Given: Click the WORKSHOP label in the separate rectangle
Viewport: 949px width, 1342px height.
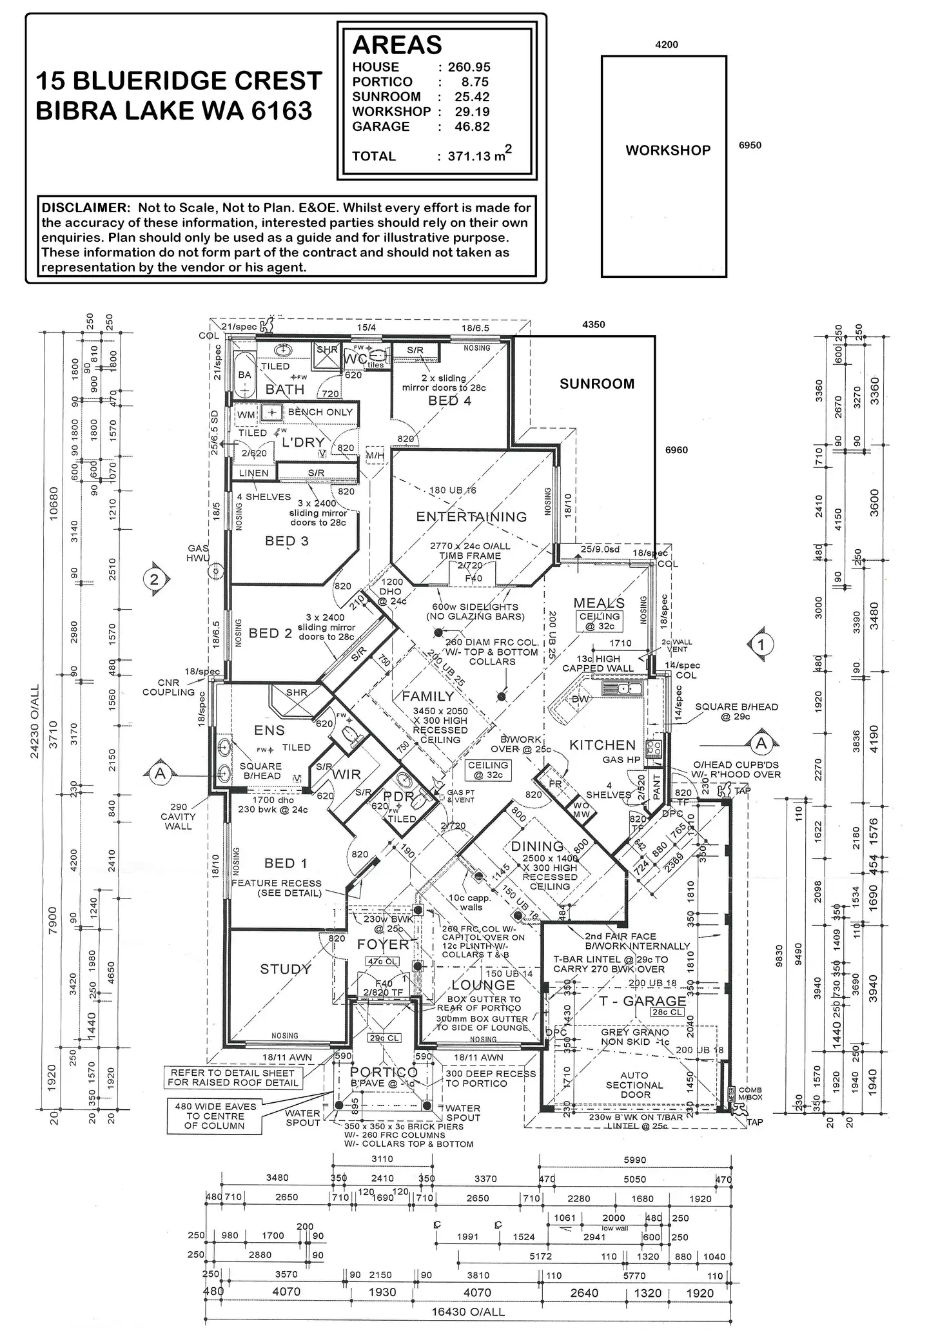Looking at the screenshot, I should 667,150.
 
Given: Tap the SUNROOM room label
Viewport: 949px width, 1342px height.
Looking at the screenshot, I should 596,384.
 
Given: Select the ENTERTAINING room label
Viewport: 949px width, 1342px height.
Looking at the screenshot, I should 471,516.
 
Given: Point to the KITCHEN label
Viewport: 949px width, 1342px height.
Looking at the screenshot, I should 602,745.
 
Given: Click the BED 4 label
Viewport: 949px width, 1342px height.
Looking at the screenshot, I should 449,400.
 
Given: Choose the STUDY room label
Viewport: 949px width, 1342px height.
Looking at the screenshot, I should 285,969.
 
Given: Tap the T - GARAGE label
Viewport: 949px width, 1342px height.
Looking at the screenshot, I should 642,1001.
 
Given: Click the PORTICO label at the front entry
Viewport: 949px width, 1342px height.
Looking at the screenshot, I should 384,1072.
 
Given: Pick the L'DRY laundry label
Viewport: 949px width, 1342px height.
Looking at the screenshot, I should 303,442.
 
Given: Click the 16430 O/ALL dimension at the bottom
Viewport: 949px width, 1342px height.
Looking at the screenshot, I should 467,1312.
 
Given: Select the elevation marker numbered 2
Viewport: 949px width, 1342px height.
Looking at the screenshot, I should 154,579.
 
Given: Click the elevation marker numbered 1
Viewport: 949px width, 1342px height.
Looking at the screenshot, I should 761,644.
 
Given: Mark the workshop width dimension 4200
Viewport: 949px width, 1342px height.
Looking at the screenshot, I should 666,45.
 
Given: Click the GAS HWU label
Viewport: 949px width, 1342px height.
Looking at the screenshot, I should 198,553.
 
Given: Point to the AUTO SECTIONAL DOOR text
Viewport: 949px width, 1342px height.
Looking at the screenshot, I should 634,1085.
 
